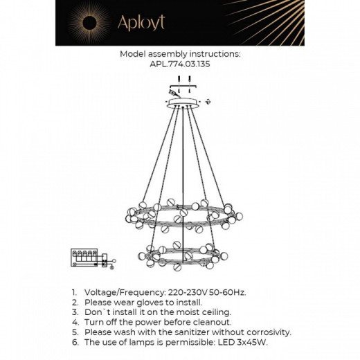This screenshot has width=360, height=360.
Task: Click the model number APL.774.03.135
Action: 179,63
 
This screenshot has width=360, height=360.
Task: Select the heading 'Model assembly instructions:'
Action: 179,53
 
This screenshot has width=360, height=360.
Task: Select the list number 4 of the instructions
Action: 74,322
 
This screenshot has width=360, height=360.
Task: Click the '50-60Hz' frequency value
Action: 226,293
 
